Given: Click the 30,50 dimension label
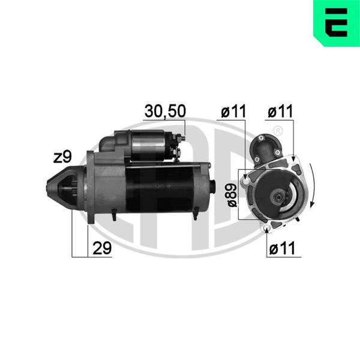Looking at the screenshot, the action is point(165,111).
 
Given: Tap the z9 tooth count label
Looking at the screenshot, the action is point(62,157).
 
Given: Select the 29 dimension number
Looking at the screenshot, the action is point(102,248).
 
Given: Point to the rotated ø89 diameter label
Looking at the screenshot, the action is point(232,195).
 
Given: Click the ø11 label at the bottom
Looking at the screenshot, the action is point(282,248).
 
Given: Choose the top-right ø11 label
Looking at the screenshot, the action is point(280,111).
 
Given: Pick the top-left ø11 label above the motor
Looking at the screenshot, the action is point(233,111).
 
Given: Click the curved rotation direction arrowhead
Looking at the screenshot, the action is point(311,203).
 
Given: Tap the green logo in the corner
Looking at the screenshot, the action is point(337,23).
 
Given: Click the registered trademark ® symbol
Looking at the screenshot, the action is point(278,131).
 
